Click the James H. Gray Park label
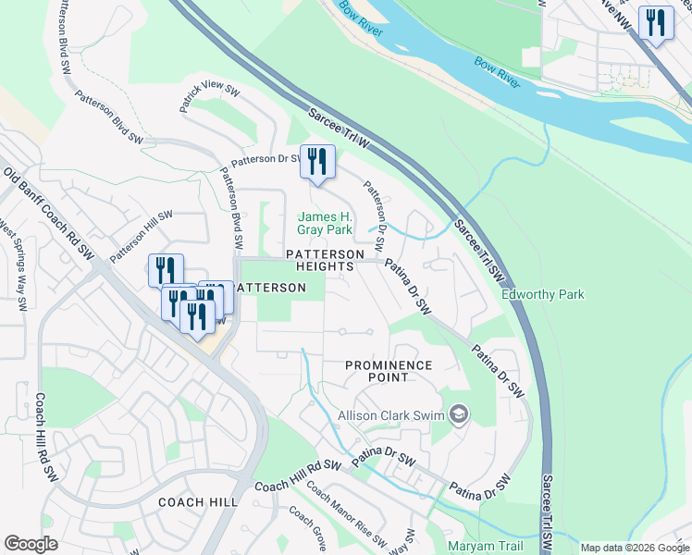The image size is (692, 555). [325, 223]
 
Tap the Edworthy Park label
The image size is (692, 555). [542, 294]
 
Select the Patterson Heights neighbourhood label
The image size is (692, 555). [318, 260]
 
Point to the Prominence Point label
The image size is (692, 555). [389, 371]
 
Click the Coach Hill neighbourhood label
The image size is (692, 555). [198, 502]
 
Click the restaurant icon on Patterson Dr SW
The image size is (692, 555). [317, 164]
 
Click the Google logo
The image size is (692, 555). [31, 544]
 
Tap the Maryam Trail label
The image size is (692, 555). [485, 546]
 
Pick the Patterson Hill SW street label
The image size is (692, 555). [142, 235]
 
